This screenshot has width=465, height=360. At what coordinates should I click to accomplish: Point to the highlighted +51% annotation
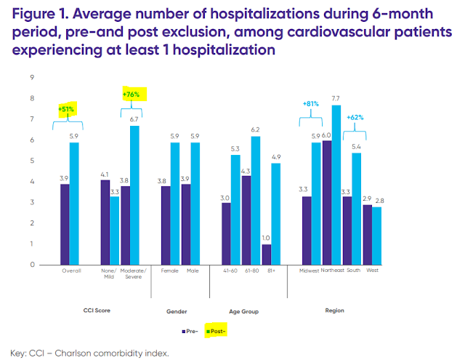point(66,109)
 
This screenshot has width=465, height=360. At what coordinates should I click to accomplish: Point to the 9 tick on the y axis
point(32,76)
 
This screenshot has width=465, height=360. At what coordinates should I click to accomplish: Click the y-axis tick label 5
point(32,160)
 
